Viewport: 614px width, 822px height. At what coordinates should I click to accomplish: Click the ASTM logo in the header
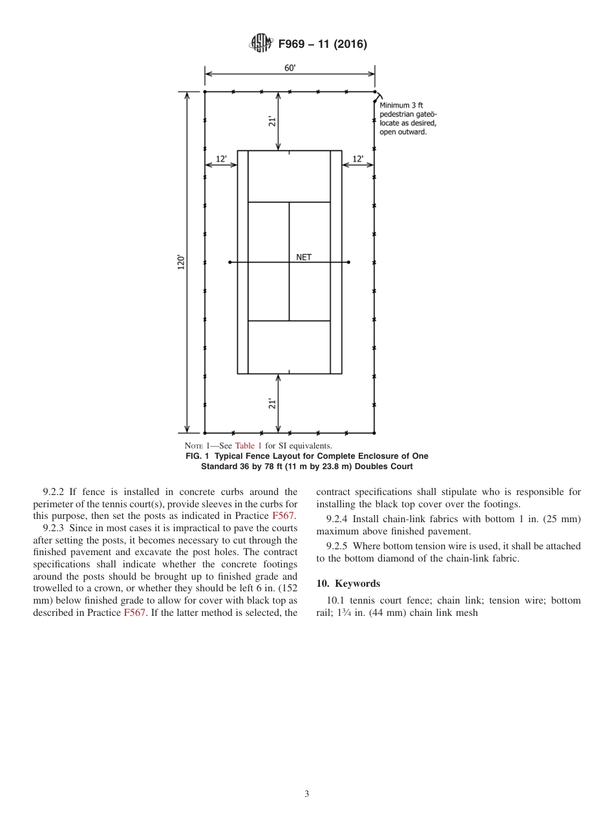[x=261, y=44]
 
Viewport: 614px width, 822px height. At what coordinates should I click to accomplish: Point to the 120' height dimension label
[x=182, y=262]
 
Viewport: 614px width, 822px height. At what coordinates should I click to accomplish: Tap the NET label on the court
[x=304, y=257]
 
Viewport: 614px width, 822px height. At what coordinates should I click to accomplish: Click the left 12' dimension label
[x=221, y=158]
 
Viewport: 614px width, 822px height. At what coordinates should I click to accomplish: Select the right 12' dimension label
[x=357, y=158]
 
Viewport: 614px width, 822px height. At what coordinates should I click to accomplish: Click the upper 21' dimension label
[x=273, y=121]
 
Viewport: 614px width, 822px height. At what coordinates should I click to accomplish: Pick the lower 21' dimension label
[x=273, y=403]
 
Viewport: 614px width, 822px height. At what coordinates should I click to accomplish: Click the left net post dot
[x=229, y=262]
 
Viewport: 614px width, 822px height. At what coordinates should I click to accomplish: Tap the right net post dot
[x=349, y=262]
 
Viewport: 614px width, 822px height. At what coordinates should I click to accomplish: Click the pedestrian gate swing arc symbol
[x=377, y=96]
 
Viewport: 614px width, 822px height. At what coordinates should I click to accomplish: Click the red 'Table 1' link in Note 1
[x=248, y=446]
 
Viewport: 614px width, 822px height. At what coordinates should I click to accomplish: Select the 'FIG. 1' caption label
[x=198, y=456]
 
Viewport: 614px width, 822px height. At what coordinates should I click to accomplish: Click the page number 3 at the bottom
[x=307, y=794]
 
